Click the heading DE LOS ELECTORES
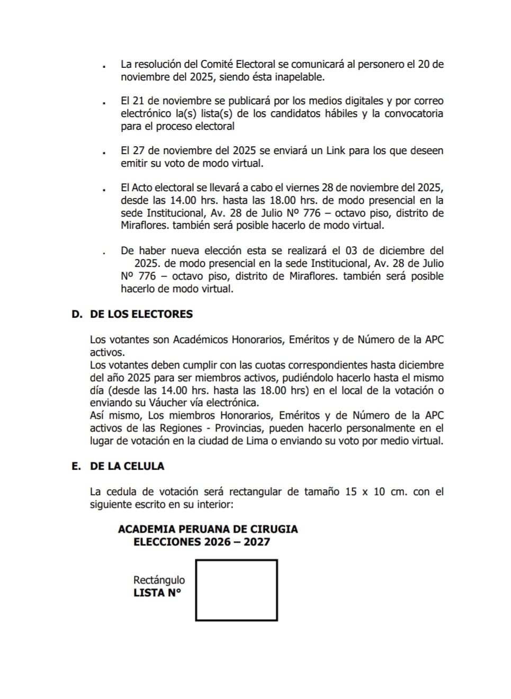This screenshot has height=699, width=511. pyautogui.click(x=141, y=314)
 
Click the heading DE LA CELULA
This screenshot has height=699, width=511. pyautogui.click(x=127, y=466)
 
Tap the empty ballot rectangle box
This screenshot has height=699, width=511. pyautogui.click(x=236, y=590)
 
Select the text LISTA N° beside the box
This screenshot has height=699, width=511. pyautogui.click(x=157, y=593)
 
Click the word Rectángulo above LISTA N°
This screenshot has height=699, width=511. pyautogui.click(x=159, y=580)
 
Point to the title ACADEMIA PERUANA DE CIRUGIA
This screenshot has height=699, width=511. pyautogui.click(x=208, y=529)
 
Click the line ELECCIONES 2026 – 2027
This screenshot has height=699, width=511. pyautogui.click(x=202, y=542)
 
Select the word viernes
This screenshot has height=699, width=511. pyautogui.click(x=303, y=187)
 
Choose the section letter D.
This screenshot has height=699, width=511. pyautogui.click(x=76, y=314)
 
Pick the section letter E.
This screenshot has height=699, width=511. pyautogui.click(x=76, y=466)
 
